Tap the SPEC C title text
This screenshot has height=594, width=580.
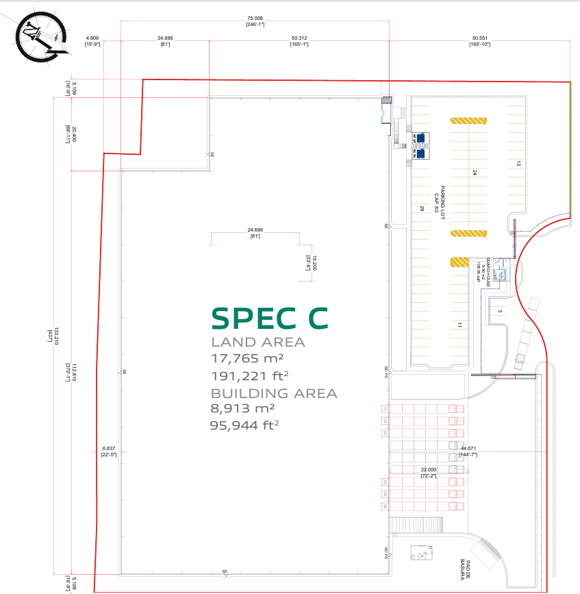pyautogui.click(x=269, y=318)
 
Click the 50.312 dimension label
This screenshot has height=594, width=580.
pyautogui.click(x=299, y=38)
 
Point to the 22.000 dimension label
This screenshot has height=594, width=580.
pyautogui.click(x=429, y=469)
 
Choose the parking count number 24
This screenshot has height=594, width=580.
pyautogui.click(x=474, y=173)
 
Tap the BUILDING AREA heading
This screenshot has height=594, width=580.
pyautogui.click(x=274, y=393)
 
